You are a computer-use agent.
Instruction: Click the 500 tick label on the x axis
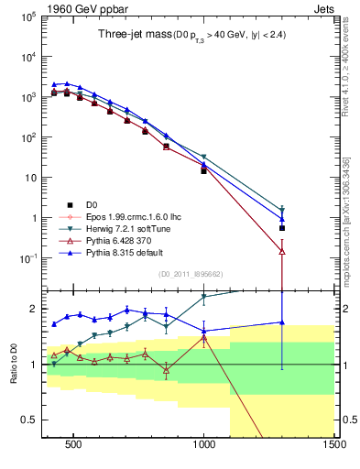click(x=73, y=444)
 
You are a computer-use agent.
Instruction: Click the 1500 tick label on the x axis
click(x=333, y=444)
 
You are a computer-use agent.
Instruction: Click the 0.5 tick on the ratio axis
click(x=26, y=420)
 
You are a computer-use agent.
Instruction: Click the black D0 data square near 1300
click(x=282, y=228)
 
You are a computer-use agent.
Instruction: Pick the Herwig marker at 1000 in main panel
click(x=203, y=158)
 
